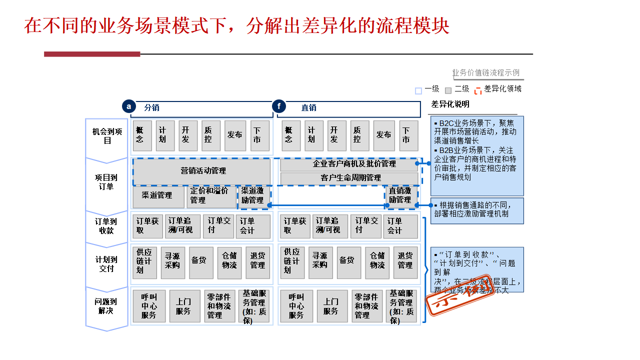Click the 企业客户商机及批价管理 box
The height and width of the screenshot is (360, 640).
point(348,164)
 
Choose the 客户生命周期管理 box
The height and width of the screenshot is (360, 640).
point(348,178)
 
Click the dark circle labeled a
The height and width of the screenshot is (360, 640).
point(129,106)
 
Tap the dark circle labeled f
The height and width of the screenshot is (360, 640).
point(278,106)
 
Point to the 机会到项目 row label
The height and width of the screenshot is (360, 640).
point(107,136)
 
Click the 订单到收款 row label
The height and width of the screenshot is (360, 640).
point(107,226)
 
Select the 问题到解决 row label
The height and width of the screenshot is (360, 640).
point(107,306)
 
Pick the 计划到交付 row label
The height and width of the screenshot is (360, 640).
point(107,264)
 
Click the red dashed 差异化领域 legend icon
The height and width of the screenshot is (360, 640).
point(478,90)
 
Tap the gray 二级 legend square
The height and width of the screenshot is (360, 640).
point(448,90)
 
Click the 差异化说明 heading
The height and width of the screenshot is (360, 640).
point(450,104)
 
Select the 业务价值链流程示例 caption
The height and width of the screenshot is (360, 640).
point(485,73)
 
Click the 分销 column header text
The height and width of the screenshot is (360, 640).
point(152,107)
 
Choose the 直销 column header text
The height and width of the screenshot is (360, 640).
point(309,107)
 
